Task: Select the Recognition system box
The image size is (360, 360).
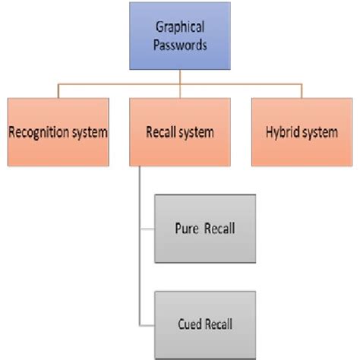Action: pos(58,131)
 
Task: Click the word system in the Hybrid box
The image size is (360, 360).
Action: pos(318,132)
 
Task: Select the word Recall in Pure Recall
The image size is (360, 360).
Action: pos(215,226)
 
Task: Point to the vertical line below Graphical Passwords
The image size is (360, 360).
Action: pos(180,77)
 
